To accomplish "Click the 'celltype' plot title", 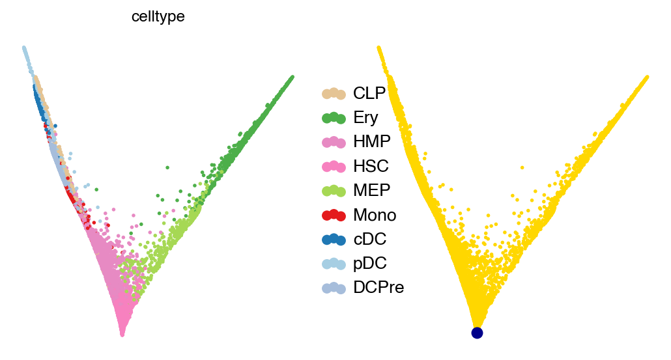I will click(x=158, y=17).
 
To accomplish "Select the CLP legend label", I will click(x=369, y=94).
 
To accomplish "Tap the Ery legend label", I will click(x=365, y=118).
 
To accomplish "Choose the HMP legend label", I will click(x=372, y=142).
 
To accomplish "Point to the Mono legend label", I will click(x=375, y=214).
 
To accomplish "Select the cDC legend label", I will click(x=369, y=238).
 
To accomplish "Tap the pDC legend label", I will click(x=369, y=262).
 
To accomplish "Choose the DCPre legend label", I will click(x=378, y=286).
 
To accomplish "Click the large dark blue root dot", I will click(x=477, y=333).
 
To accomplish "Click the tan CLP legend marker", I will click(x=334, y=94).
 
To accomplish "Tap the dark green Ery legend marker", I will click(x=334, y=118).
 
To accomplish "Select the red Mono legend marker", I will click(x=334, y=214).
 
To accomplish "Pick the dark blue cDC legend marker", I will click(x=334, y=238).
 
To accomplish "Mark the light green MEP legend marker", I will click(x=334, y=190).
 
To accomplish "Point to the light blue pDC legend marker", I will click(x=334, y=262).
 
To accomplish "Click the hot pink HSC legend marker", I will click(x=334, y=166).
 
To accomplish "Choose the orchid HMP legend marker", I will click(x=334, y=142).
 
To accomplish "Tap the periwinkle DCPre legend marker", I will click(x=334, y=286).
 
